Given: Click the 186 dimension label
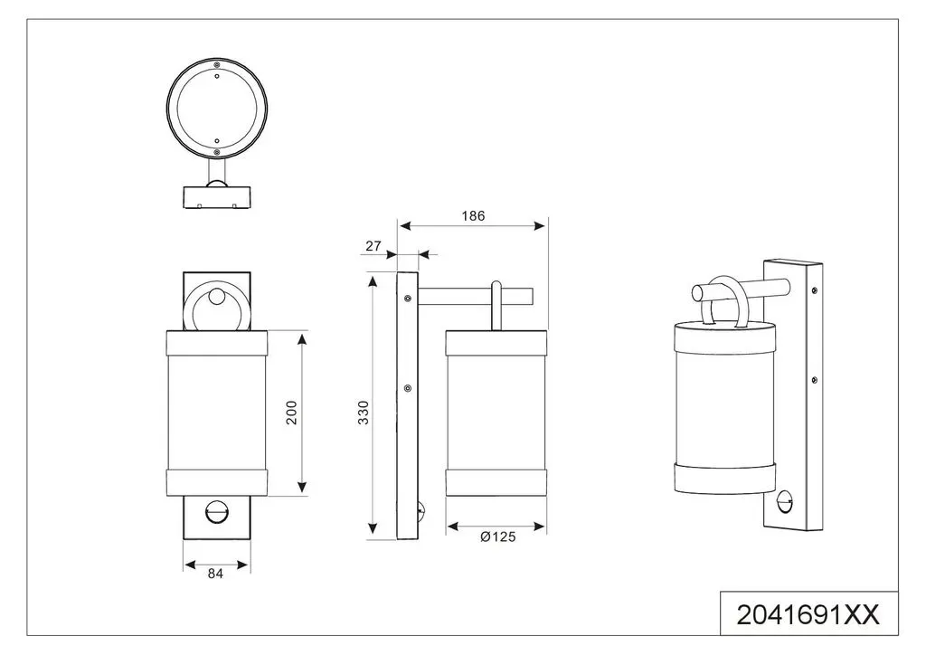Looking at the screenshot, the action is [x=473, y=215].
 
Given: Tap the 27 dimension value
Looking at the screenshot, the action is [x=373, y=246].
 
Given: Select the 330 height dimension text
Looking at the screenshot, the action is [x=364, y=413].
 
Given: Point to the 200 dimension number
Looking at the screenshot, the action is [x=292, y=413].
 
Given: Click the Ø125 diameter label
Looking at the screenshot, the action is [x=498, y=536].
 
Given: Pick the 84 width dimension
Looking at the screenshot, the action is [x=215, y=573].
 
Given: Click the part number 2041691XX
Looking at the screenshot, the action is [x=808, y=615].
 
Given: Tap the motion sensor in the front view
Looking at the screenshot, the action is [x=215, y=510].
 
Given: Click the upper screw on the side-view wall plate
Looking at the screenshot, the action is [x=408, y=299].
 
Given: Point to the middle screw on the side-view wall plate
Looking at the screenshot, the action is [x=408, y=388].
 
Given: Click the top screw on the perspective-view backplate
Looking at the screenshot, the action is [x=815, y=290].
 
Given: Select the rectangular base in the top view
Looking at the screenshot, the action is [x=217, y=198].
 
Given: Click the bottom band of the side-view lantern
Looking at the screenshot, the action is [x=496, y=483].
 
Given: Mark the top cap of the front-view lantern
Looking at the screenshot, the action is [x=217, y=343].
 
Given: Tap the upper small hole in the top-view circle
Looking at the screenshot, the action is [x=217, y=76].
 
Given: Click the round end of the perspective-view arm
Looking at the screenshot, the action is [x=697, y=292].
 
